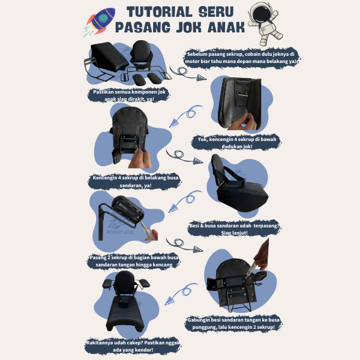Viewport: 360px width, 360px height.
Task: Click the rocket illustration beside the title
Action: click(100, 22)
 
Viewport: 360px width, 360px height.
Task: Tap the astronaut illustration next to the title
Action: click(265, 23)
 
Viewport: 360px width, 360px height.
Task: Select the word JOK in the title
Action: click(188, 28)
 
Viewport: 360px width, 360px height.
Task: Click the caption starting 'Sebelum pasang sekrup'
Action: click(242, 58)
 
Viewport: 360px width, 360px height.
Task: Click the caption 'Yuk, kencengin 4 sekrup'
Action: click(237, 143)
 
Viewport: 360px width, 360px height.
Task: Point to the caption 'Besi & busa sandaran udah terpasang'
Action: click(234, 229)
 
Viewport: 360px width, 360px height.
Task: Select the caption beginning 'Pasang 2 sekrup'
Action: click(134, 261)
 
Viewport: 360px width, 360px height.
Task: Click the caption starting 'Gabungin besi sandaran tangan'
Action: click(233, 323)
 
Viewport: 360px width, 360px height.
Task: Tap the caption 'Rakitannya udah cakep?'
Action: click(133, 346)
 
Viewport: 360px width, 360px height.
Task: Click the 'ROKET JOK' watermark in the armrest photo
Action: click(120, 232)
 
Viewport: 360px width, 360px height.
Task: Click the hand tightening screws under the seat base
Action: click(243, 122)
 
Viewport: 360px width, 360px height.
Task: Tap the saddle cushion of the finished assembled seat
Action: click(126, 314)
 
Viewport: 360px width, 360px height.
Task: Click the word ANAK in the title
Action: click(226, 28)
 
